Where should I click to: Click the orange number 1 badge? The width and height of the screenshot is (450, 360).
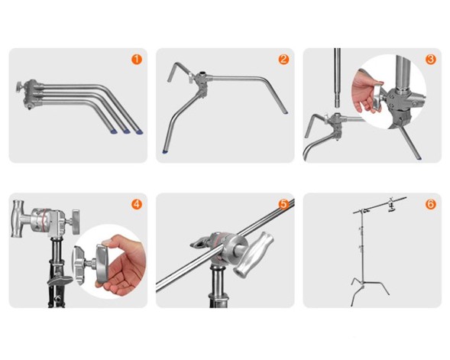137,60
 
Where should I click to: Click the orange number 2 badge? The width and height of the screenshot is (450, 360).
283,60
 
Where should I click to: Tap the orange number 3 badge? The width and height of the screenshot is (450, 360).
430,60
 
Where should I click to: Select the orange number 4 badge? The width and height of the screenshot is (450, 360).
137,204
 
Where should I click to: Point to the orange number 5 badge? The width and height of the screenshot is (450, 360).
283,204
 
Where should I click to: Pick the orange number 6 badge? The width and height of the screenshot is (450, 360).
430,204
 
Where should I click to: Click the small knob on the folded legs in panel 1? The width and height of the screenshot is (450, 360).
20,86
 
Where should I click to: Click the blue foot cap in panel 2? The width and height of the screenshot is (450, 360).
165,151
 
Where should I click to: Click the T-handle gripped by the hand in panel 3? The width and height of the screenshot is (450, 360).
377,97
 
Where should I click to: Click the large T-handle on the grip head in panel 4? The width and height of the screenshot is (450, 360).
18,219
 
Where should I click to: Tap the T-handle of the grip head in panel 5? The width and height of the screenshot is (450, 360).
254,255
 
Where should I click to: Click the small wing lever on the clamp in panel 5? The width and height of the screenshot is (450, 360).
200,243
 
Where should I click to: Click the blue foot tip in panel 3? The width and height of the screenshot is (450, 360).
419,158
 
